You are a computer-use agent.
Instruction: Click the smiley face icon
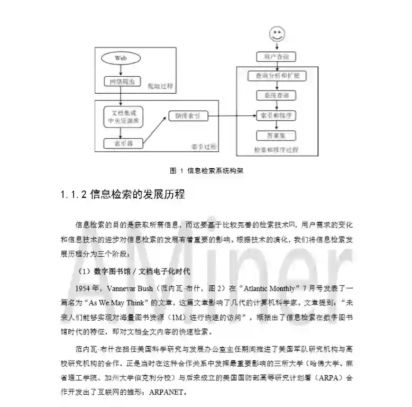click(277, 35)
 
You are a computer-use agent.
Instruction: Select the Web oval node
click(121, 58)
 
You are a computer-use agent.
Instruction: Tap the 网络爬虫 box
click(121, 82)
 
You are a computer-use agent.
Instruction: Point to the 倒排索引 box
click(188, 116)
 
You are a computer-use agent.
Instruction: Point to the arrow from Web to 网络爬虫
click(121, 70)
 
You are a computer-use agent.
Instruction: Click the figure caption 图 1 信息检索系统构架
click(206, 171)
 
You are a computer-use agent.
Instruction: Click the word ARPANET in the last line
click(159, 394)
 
